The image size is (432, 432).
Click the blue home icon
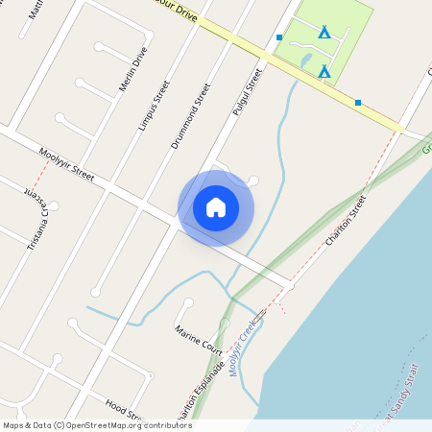pyautogui.click(x=216, y=206)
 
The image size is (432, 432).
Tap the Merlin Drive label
pyautogui.click(x=132, y=71)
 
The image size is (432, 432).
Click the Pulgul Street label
pyautogui.click(x=247, y=92)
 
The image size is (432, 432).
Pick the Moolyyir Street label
pyautogui.click(x=66, y=164)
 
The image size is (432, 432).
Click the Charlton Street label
pyautogui.click(x=346, y=220)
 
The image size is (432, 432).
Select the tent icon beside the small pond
pyautogui.click(x=324, y=71)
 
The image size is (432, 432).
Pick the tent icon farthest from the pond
pyautogui.click(x=324, y=33)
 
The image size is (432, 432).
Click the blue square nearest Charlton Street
pyautogui.click(x=358, y=103)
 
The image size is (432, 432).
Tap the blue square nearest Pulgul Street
pyautogui.click(x=279, y=37)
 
